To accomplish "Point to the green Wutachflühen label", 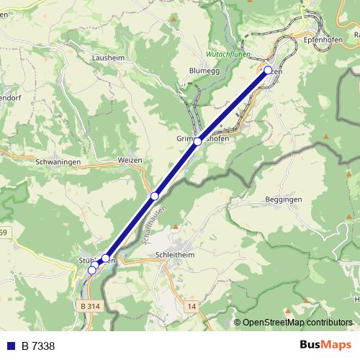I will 228,53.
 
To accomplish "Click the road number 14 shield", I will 192,306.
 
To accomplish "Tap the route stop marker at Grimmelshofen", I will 197,142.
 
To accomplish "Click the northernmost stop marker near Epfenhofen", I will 269,71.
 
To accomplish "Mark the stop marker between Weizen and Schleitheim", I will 154,196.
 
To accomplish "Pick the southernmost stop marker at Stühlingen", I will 91,270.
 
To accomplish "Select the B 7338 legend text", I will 38,346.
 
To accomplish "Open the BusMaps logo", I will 324,346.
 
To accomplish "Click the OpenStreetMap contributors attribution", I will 297,322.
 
